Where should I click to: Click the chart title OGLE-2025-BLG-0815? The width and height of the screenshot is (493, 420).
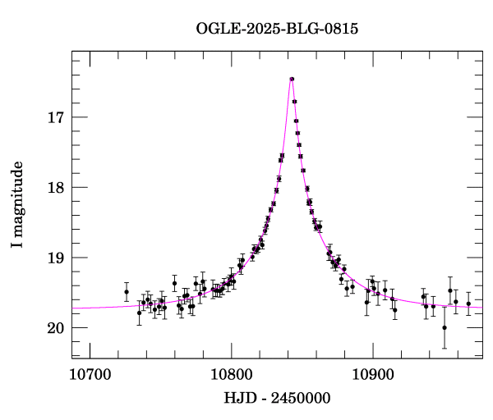pos(277,29)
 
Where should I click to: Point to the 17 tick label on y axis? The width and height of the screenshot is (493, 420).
pos(54,117)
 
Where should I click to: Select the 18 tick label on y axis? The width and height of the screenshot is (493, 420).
pos(54,188)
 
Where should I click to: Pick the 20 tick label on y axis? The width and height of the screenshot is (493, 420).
pos(54,328)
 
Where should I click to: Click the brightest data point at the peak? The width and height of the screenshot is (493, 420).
pos(292,79)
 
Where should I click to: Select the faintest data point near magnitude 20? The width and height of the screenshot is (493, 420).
pos(445,327)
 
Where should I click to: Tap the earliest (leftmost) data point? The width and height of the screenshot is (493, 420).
pos(127,292)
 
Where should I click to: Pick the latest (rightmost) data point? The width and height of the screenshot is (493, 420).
pos(468,304)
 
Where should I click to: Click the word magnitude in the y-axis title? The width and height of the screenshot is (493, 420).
pos(17,197)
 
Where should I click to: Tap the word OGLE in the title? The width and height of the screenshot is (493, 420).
pos(214,29)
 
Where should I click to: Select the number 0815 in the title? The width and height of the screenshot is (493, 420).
pos(341,29)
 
